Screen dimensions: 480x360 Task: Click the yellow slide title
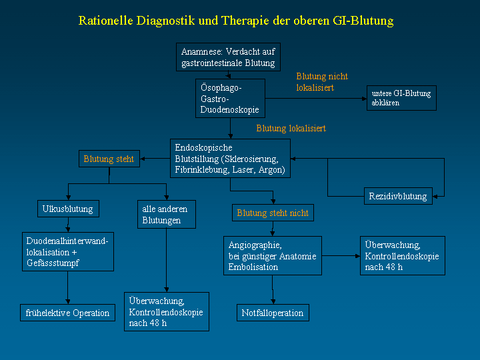pyautogui.click(x=236, y=21)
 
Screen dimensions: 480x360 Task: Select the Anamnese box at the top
pyautogui.click(x=228, y=57)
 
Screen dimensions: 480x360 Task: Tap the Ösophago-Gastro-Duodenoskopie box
pyautogui.click(x=230, y=98)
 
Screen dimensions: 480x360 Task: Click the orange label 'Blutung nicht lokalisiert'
pyautogui.click(x=322, y=82)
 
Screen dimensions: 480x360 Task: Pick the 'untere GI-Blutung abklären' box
pyautogui.click(x=401, y=98)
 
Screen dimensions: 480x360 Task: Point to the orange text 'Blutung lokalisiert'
pyautogui.click(x=291, y=128)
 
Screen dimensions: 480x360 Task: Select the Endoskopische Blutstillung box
pyautogui.click(x=230, y=158)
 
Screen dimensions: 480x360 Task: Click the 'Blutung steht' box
pyautogui.click(x=109, y=159)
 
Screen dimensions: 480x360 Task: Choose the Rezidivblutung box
pyautogui.click(x=398, y=196)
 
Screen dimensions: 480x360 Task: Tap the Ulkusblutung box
pyautogui.click(x=68, y=209)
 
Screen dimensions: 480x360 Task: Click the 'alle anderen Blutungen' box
pyautogui.click(x=167, y=214)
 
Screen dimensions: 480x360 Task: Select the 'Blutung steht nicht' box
pyautogui.click(x=273, y=213)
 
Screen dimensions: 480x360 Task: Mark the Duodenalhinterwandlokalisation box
pyautogui.click(x=68, y=251)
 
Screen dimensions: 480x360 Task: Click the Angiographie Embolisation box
pyautogui.click(x=273, y=255)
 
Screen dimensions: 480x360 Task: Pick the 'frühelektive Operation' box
pyautogui.click(x=67, y=313)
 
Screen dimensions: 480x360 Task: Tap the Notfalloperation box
pyautogui.click(x=273, y=313)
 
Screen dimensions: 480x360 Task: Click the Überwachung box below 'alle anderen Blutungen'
pyautogui.click(x=167, y=311)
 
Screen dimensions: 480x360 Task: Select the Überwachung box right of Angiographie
pyautogui.click(x=403, y=255)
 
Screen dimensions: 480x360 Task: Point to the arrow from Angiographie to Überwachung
pyautogui.click(x=341, y=255)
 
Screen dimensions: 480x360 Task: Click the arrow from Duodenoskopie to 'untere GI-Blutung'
pyautogui.click(x=316, y=99)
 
